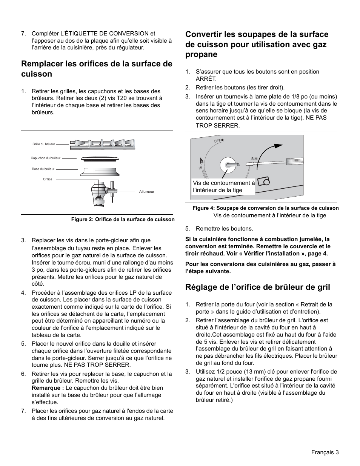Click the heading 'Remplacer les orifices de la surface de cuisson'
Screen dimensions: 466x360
[x=97, y=68]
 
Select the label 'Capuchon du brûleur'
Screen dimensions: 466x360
[x=45, y=158]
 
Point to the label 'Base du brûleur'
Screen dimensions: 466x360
[x=43, y=169]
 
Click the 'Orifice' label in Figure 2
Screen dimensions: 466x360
[x=48, y=179]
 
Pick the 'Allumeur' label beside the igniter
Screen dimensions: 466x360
[x=147, y=192]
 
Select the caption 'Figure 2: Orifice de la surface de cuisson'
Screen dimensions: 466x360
[x=123, y=219]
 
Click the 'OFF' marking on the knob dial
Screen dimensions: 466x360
[x=217, y=140]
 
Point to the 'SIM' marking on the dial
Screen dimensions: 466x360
[x=254, y=158]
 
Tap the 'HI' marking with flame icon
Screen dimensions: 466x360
[x=201, y=166]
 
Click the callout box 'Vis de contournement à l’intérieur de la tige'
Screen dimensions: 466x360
[x=223, y=186]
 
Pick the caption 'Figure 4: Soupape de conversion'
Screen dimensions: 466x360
[x=265, y=208]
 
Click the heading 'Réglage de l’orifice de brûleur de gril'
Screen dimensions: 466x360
[x=258, y=287]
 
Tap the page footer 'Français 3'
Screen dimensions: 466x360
[x=325, y=452]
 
